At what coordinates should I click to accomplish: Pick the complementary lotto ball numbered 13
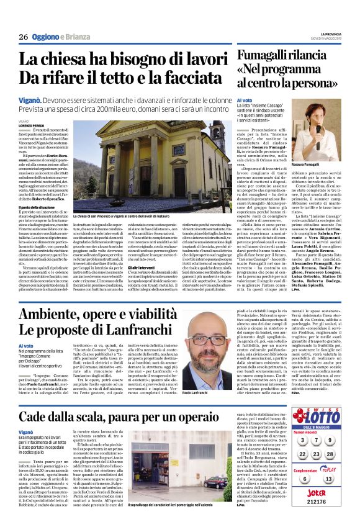tap(338, 479)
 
